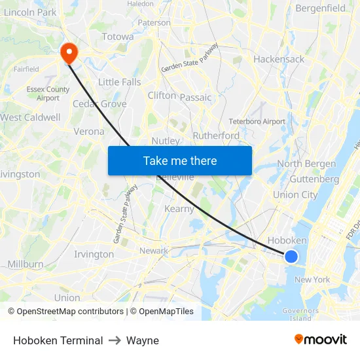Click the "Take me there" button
[x=180, y=161]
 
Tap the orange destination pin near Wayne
[x=68, y=52]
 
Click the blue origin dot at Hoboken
[x=291, y=257]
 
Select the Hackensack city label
[x=279, y=59]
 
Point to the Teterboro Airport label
[x=257, y=122]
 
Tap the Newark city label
[x=153, y=251]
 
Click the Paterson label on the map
[x=154, y=22]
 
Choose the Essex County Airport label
[x=48, y=94]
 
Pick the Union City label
[x=295, y=194]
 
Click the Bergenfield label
[x=321, y=9]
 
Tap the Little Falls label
[x=119, y=82]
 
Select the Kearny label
[x=179, y=209]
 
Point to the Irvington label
[x=94, y=254]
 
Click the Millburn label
[x=26, y=264]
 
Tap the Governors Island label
[x=300, y=315]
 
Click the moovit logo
[x=320, y=340]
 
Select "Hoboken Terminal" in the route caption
[x=58, y=340]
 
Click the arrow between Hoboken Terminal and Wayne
[x=115, y=340]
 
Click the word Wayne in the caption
[x=143, y=340]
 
